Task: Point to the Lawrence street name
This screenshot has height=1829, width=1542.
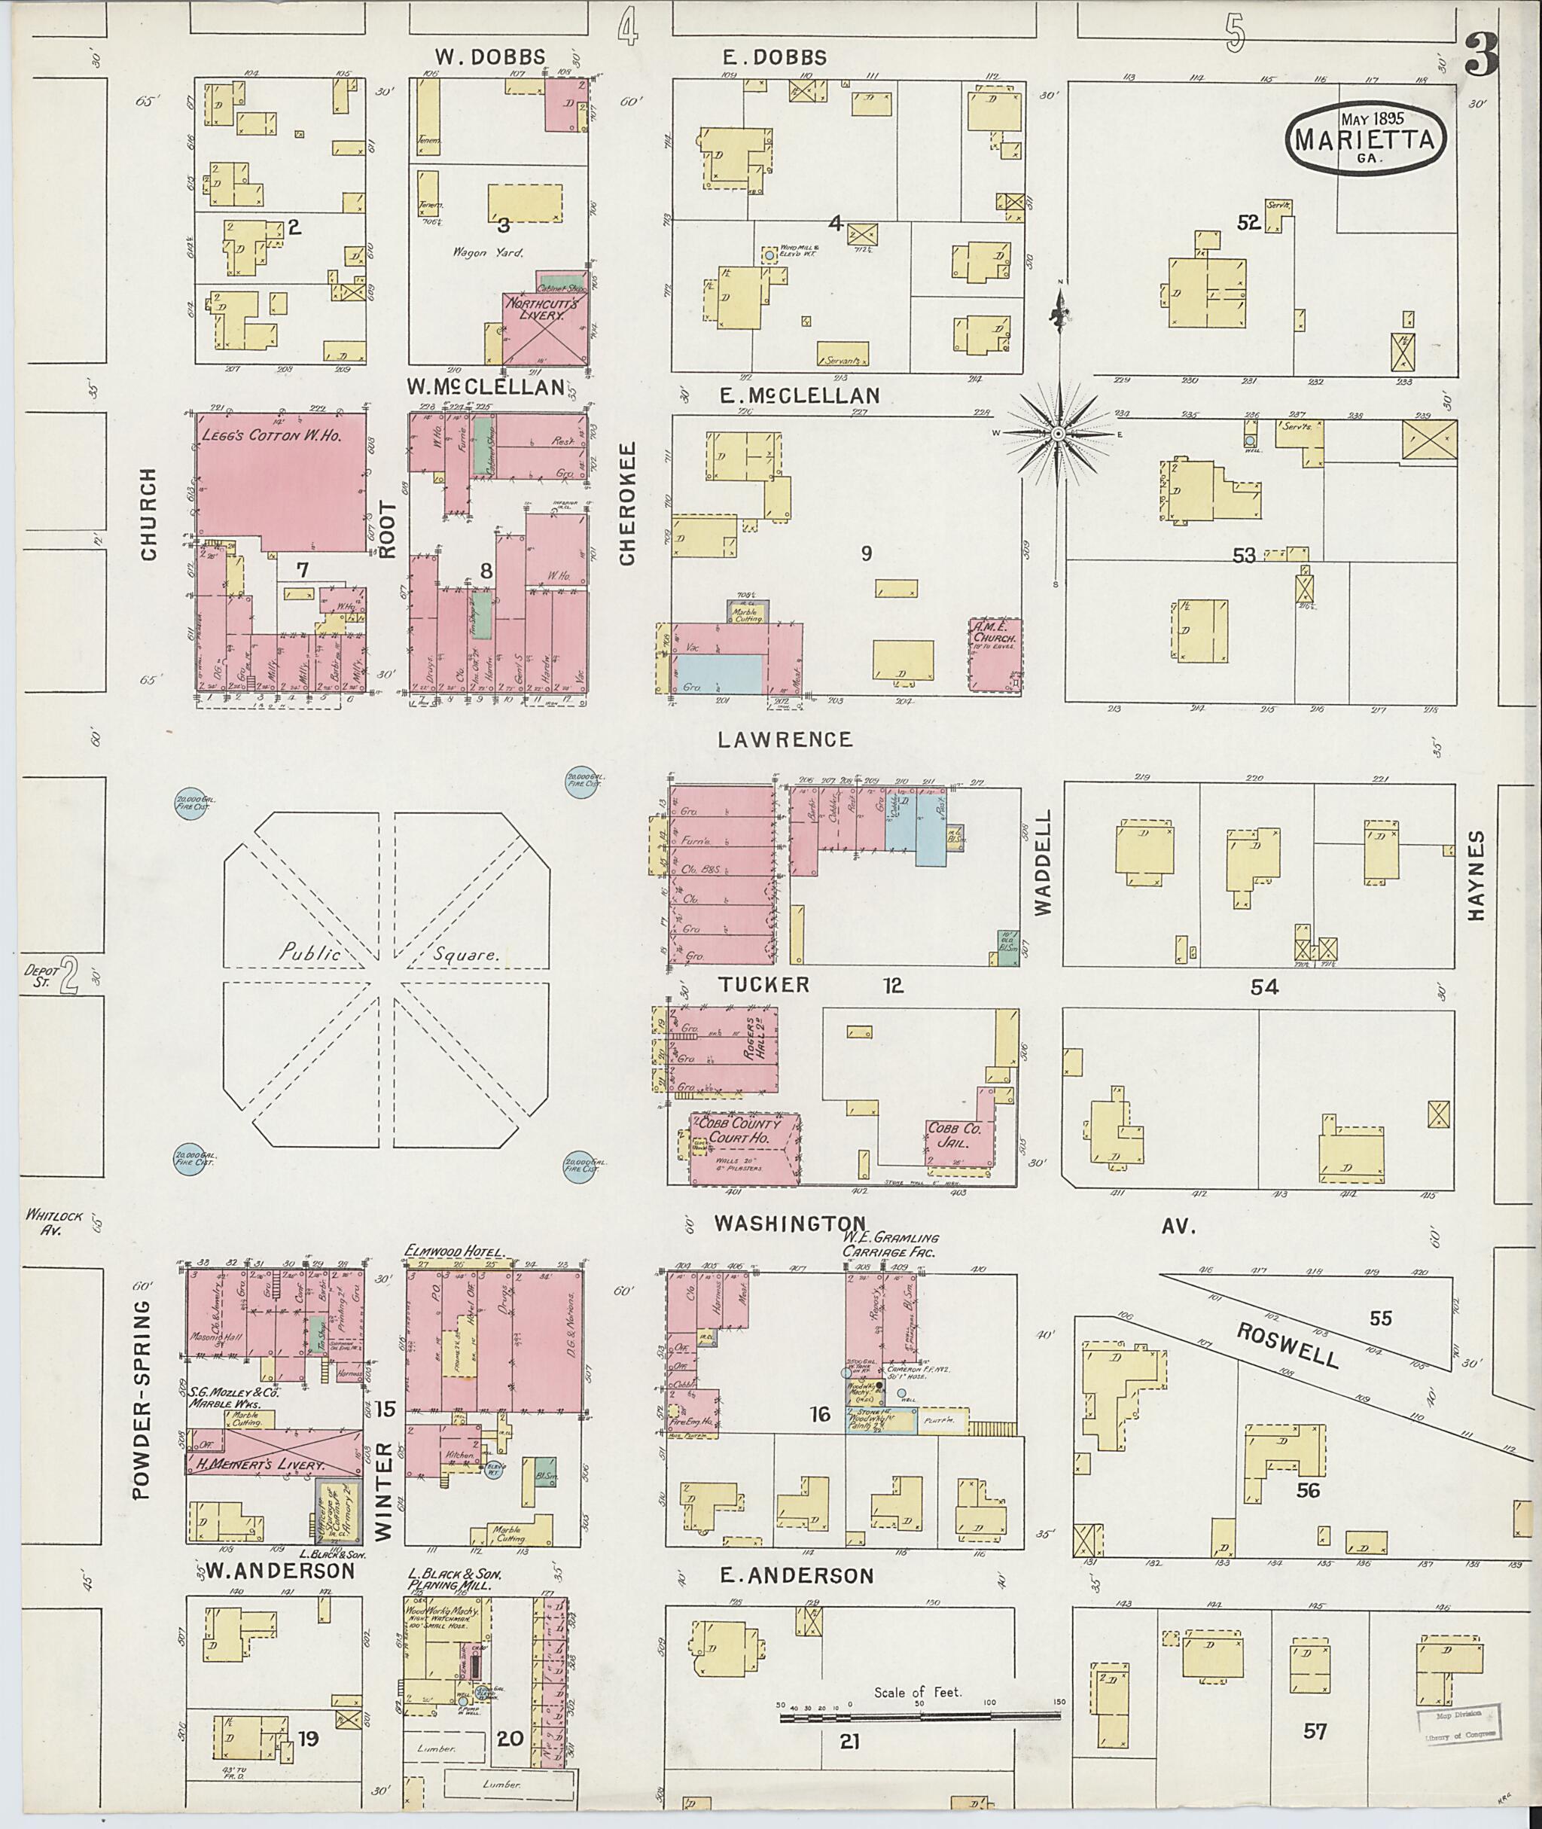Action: pos(784,739)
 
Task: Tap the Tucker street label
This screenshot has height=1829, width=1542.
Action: pos(764,984)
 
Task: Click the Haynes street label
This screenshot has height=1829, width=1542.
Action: pos(1477,875)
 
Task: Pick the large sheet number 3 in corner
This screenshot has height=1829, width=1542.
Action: pos(1483,54)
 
